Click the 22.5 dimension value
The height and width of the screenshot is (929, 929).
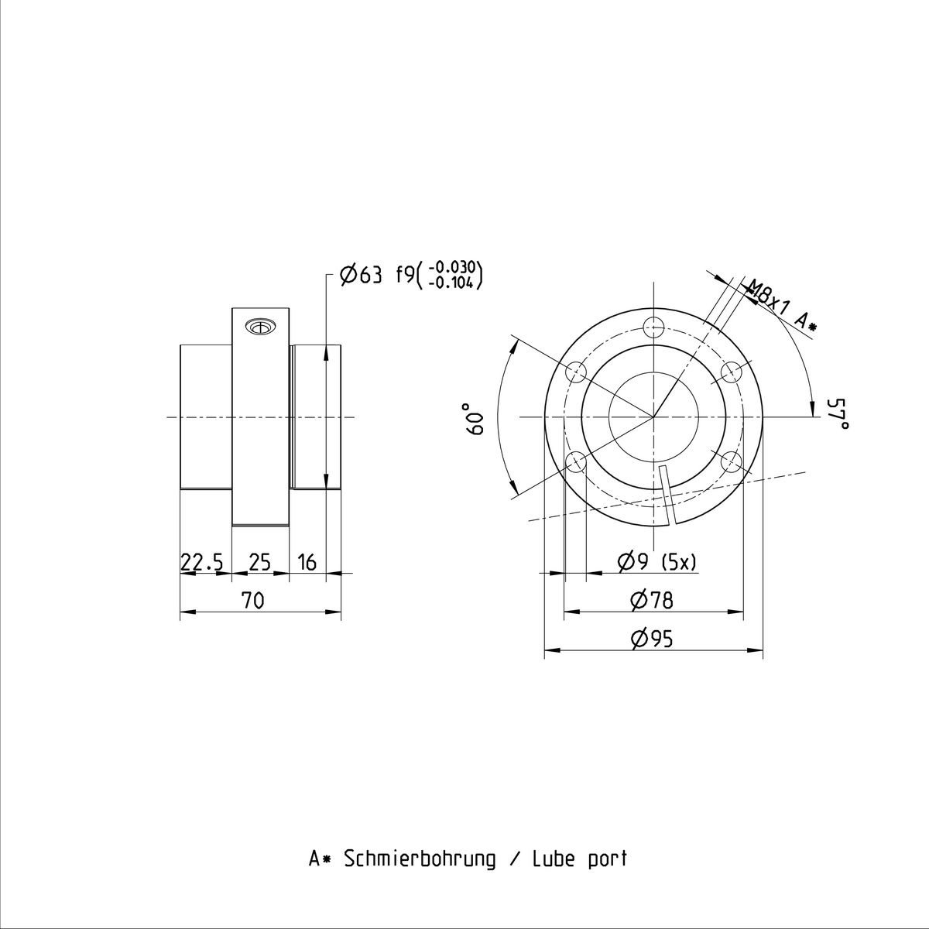pyautogui.click(x=202, y=563)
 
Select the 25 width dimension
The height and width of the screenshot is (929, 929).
pyautogui.click(x=260, y=563)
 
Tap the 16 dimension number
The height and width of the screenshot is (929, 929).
pyautogui.click(x=307, y=563)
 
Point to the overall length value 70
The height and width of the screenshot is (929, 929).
pyautogui.click(x=252, y=601)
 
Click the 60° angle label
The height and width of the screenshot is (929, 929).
pyautogui.click(x=475, y=419)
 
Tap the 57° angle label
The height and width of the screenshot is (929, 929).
pyautogui.click(x=837, y=413)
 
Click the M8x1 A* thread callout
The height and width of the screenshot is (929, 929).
pyautogui.click(x=781, y=306)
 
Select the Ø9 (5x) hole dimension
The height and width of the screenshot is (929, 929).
pyautogui.click(x=656, y=562)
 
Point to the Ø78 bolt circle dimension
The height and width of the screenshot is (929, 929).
pyautogui.click(x=651, y=601)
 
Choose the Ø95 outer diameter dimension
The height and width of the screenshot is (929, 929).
pyautogui.click(x=651, y=639)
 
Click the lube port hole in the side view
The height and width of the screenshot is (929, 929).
pyautogui.click(x=260, y=327)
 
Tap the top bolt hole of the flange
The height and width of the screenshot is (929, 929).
pyautogui.click(x=653, y=327)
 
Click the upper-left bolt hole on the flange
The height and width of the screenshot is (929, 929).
pyautogui.click(x=576, y=372)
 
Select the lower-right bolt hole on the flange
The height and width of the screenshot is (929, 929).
pyautogui.click(x=732, y=462)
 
